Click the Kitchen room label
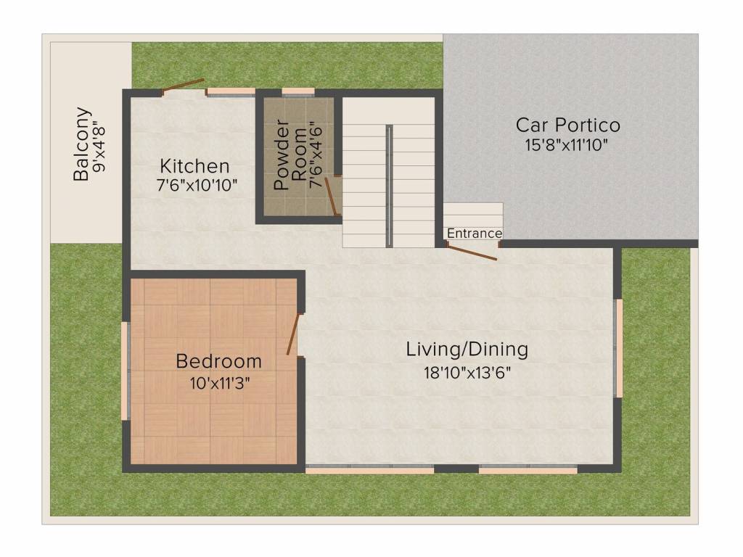(194, 166)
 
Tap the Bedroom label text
(218, 361)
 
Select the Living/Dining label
(467, 350)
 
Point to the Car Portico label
(567, 125)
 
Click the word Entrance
(475, 234)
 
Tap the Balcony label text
(81, 144)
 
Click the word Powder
(282, 155)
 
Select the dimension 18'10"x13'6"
(467, 373)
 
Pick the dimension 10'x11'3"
(220, 383)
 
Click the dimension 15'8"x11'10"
(566, 145)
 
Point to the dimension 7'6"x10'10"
(197, 185)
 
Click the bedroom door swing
(293, 334)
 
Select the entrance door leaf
(472, 253)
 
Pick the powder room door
(331, 197)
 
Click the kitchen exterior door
(182, 86)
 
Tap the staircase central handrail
(389, 186)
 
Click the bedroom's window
(126, 371)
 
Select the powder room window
(298, 92)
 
